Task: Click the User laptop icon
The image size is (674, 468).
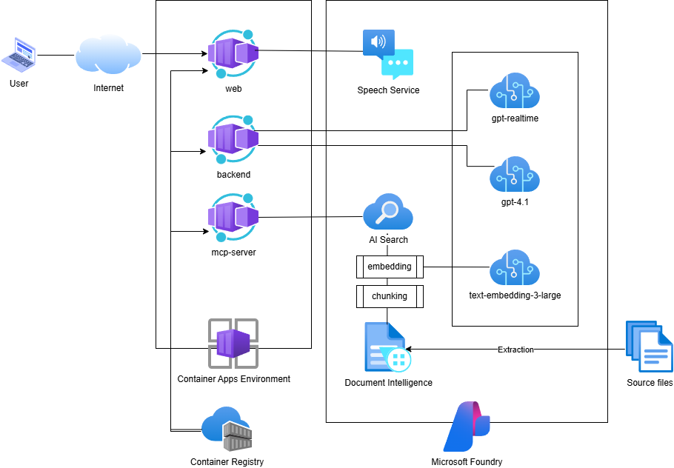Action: [x=19, y=55]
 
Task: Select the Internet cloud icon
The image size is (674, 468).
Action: [x=108, y=56]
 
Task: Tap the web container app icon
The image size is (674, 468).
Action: [x=233, y=54]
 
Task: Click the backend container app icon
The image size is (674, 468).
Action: [x=233, y=139]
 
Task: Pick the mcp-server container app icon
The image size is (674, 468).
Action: [x=233, y=218]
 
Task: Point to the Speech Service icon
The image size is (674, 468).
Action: [x=387, y=54]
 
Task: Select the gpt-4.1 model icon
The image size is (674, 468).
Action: [x=514, y=175]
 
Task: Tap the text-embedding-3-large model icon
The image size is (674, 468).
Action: [x=514, y=269]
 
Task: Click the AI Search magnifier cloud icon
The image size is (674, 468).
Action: [x=387, y=213]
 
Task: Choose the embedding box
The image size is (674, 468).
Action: [x=390, y=267]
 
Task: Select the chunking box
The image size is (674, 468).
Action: [x=390, y=296]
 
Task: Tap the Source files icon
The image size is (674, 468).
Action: [x=649, y=346]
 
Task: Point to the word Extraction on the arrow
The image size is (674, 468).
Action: [x=515, y=350]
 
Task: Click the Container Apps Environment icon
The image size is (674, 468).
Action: [x=233, y=344]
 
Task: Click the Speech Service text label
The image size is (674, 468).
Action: [x=388, y=90]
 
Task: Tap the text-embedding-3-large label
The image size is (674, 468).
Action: [x=515, y=295]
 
